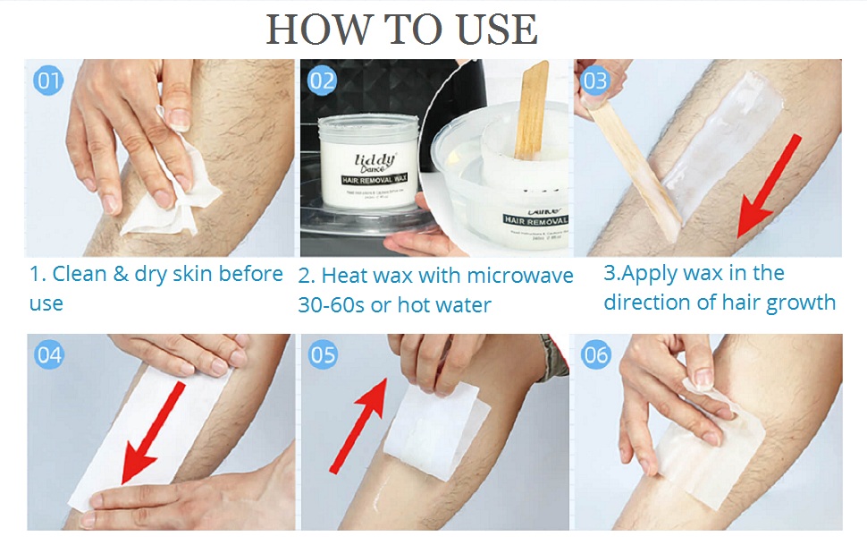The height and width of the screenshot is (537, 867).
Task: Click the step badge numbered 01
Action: tap(49, 81)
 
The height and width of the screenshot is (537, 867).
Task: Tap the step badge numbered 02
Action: tap(322, 81)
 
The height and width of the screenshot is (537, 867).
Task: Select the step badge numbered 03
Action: tap(594, 81)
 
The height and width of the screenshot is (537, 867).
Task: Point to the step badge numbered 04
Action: tap(49, 355)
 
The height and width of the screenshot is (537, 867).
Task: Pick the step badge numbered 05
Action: tap(323, 355)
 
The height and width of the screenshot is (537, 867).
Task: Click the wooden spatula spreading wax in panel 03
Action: tap(635, 166)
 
